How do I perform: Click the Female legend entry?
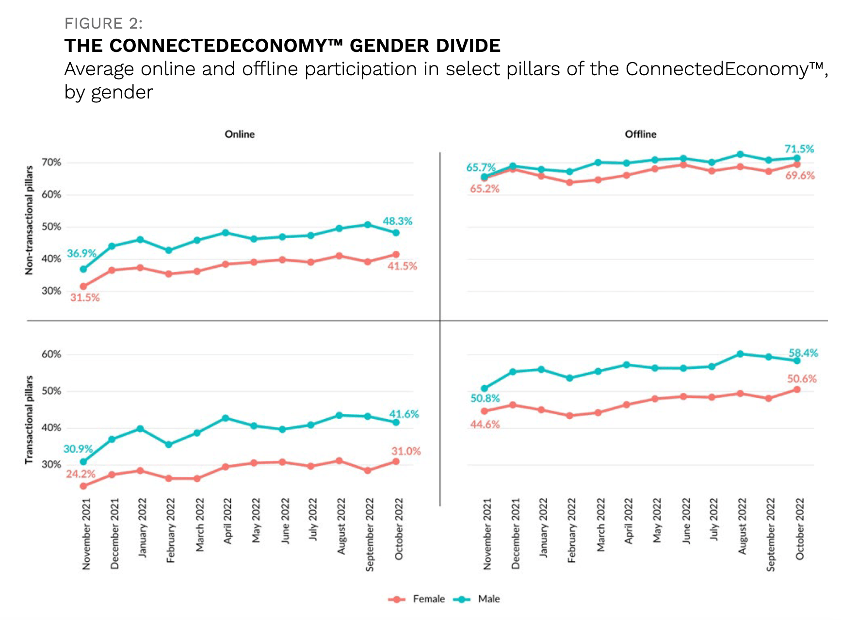pos(417,599)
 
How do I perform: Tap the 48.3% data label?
pos(397,221)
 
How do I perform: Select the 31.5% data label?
pos(85,297)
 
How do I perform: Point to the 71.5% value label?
pos(799,149)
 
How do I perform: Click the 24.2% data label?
pos(81,473)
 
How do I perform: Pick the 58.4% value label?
pos(803,353)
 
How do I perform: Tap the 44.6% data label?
pos(485,424)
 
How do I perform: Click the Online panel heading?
pos(240,134)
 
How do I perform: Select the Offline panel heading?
pos(640,134)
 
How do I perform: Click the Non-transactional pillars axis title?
pos(29,220)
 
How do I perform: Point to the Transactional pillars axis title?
pos(29,420)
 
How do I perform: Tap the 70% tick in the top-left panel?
pos(51,163)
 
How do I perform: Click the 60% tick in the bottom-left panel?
pos(51,354)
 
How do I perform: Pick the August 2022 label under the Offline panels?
pos(742,526)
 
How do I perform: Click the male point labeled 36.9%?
pos(83,269)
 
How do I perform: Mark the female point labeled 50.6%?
pos(796,389)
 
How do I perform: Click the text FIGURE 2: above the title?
pos(103,23)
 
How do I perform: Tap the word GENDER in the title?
pos(389,46)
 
